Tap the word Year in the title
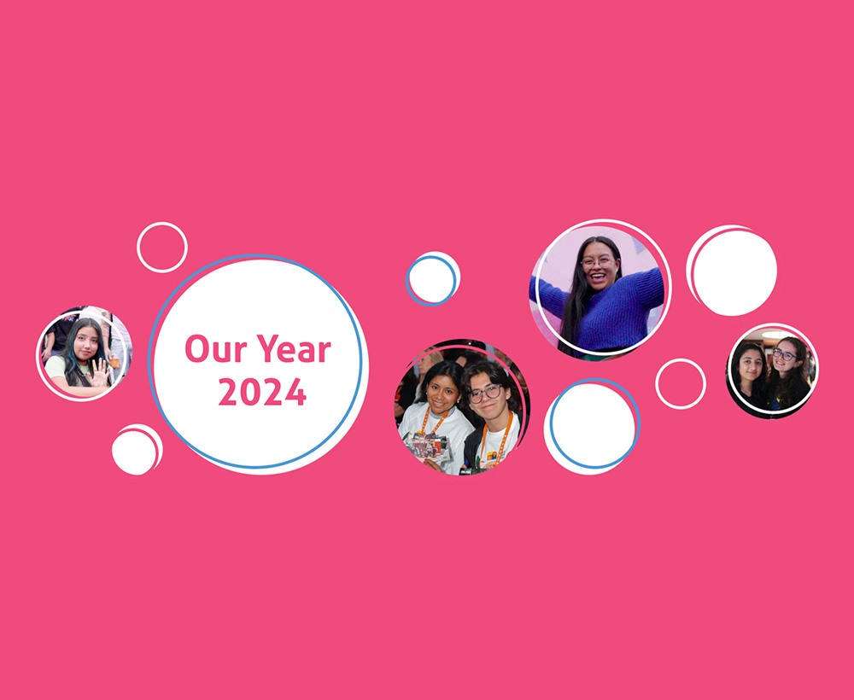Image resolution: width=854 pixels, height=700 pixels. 294,348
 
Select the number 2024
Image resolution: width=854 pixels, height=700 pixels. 262,392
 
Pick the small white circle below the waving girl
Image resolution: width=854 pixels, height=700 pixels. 137,450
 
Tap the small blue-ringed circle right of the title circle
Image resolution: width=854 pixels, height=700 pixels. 433,278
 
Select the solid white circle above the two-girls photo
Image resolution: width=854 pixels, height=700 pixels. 732,271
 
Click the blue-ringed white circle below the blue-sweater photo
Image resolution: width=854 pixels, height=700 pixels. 592,427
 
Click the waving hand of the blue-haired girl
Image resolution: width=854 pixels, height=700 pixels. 100,372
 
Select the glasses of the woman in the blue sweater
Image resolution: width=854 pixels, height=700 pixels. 598,262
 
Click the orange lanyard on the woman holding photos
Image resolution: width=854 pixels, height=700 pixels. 436,421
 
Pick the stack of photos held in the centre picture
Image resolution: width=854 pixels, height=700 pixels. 428,446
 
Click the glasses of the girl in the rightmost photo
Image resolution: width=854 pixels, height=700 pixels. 784,355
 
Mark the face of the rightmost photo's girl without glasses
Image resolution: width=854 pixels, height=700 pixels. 751,365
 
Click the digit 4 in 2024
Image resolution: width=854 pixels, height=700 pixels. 295,392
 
